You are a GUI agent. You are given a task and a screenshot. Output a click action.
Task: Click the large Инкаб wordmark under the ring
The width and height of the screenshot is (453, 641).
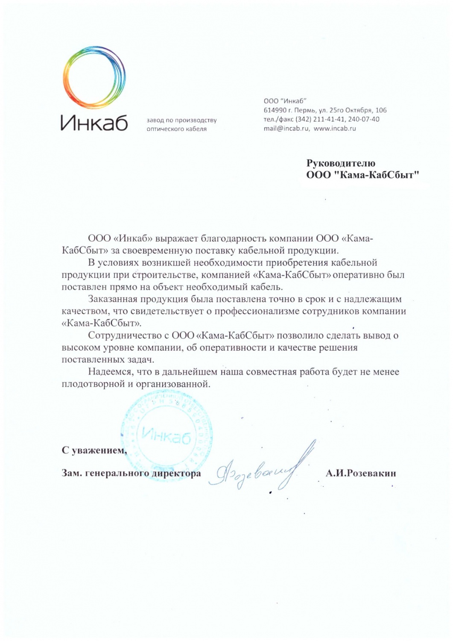94,123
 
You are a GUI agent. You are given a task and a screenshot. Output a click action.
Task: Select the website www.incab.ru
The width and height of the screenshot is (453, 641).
335,128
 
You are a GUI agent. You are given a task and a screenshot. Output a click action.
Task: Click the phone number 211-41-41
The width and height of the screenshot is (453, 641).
329,119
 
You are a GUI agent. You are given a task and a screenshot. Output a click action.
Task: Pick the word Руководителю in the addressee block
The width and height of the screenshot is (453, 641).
341,163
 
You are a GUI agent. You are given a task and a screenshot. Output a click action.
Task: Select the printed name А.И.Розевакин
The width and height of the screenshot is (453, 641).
361,473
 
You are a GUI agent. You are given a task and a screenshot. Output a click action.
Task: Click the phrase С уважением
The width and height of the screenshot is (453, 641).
94,450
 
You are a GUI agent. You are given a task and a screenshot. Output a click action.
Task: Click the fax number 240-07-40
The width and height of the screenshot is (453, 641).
364,119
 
